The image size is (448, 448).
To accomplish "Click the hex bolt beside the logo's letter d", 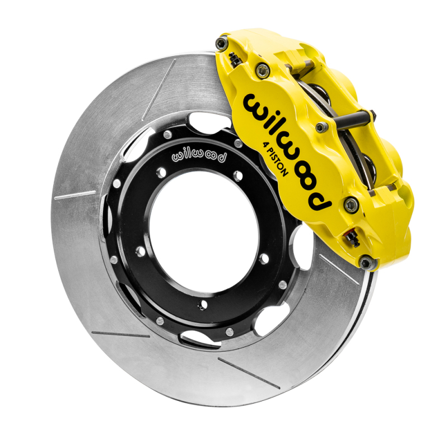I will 352,204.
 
